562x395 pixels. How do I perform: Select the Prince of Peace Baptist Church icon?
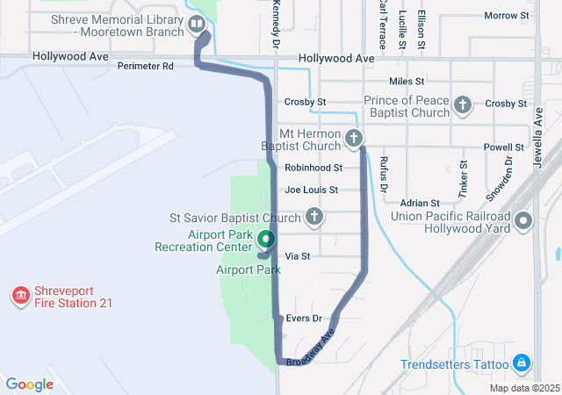click(x=463, y=106)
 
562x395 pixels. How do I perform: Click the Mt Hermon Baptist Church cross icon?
click(x=354, y=138)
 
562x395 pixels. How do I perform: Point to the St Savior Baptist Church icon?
click(x=313, y=217)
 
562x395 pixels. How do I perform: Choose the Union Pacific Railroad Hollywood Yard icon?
click(x=524, y=220)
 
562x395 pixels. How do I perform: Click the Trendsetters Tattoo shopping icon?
click(x=522, y=363)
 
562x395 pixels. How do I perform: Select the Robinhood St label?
click(x=313, y=167)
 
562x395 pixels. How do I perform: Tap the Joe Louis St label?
click(x=311, y=190)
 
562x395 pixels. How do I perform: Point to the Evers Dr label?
click(x=305, y=319)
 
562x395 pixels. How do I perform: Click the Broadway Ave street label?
click(x=311, y=348)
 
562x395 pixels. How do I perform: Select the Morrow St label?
click(x=507, y=16)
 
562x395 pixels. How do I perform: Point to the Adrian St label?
click(x=419, y=203)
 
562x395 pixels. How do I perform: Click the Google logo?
click(x=29, y=384)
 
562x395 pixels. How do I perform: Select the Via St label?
click(x=299, y=256)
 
